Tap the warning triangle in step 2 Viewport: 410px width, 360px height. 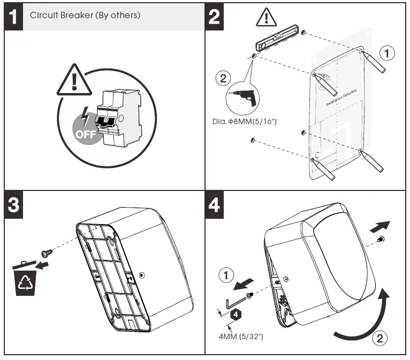264,18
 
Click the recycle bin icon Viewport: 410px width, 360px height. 26,280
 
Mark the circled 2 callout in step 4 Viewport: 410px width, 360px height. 378,338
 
